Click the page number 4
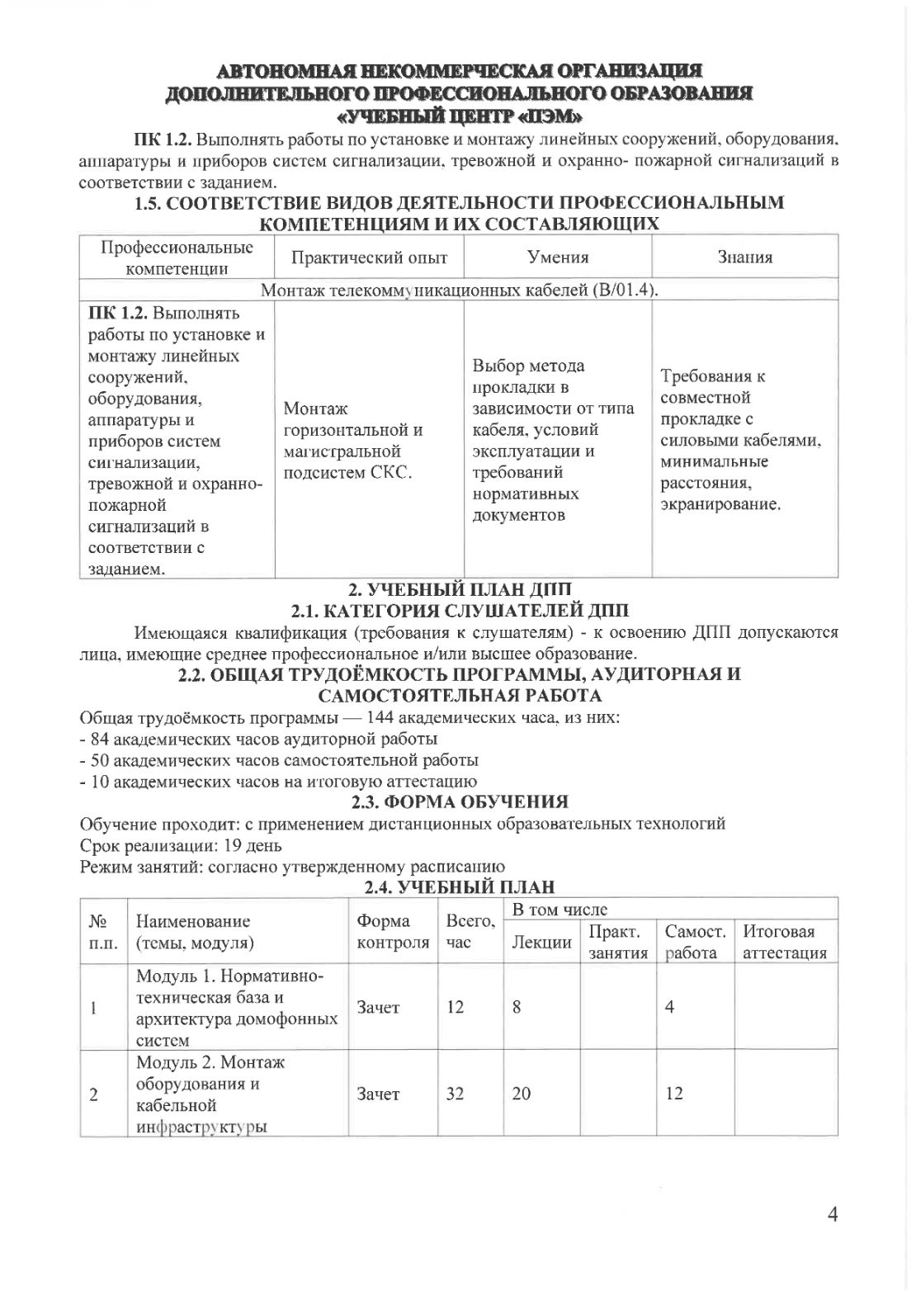tap(832, 1214)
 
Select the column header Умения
tap(558, 258)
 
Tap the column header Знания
tap(744, 258)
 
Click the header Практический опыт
tap(369, 258)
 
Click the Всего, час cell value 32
tap(455, 1094)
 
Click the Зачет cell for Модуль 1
tap(378, 1007)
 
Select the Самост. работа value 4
tap(670, 1007)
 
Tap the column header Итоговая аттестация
tap(785, 942)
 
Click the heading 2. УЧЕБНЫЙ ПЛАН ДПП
tap(460, 589)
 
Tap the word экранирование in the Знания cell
tap(720, 503)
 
